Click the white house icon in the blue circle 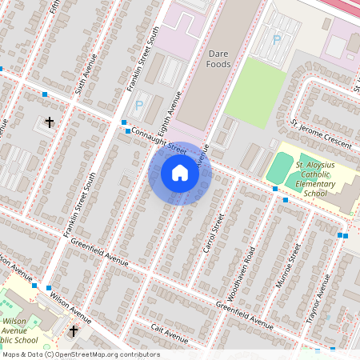[180, 172]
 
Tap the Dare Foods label [218, 58]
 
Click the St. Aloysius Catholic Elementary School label [316, 178]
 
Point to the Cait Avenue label [170, 331]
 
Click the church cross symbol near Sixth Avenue [50, 122]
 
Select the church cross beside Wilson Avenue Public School [74, 330]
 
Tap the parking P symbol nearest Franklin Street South [138, 105]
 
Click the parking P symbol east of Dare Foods [277, 38]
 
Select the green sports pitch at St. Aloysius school [279, 169]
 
